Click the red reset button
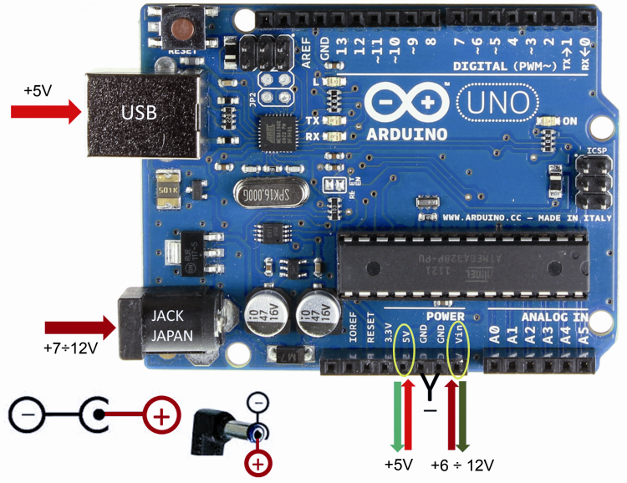coord(181,29)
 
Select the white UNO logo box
coord(497,102)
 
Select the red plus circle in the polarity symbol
coord(161,414)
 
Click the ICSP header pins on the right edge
coord(589,182)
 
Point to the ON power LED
coord(549,122)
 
